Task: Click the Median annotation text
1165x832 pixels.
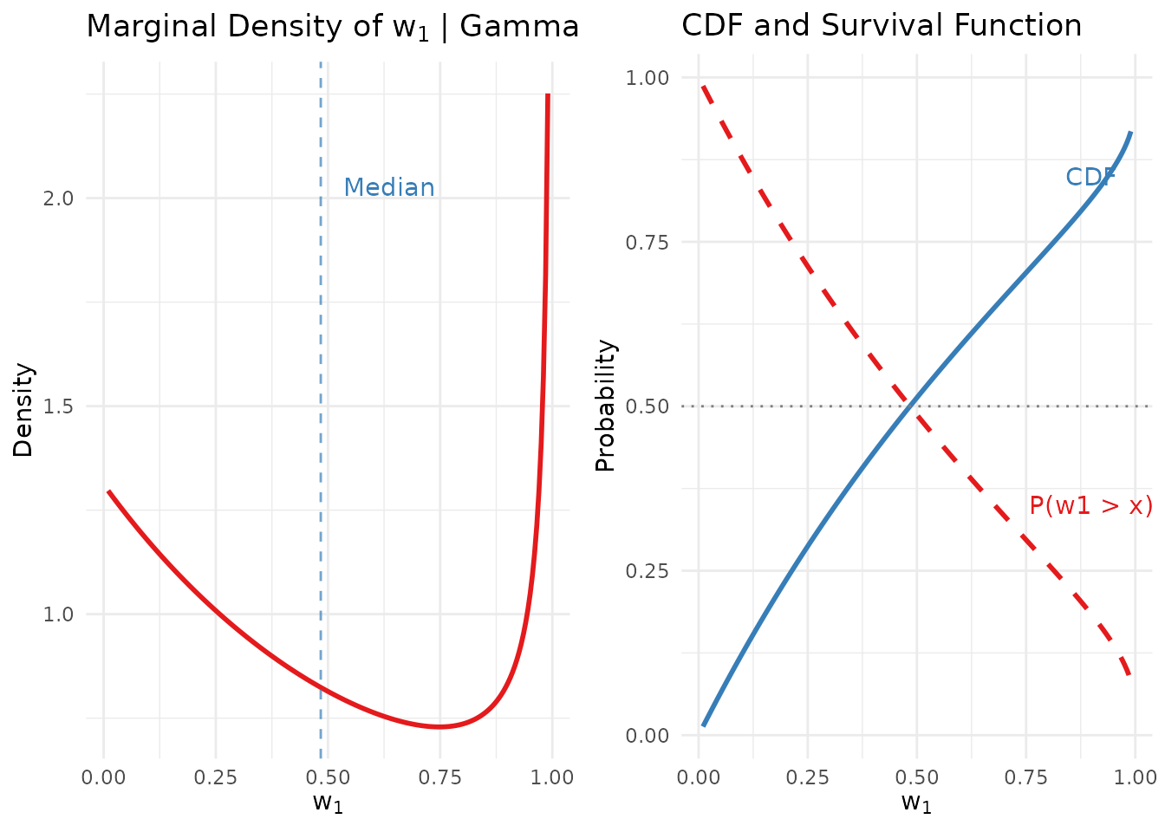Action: point(389,187)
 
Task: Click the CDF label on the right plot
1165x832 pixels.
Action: point(1090,177)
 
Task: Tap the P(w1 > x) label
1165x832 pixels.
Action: point(1090,506)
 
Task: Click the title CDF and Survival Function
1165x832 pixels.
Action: point(882,26)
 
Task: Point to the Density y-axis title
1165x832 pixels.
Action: point(23,410)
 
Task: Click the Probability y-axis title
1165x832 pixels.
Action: point(605,406)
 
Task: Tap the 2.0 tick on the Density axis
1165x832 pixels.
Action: point(60,198)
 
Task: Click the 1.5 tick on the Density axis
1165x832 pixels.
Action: point(60,406)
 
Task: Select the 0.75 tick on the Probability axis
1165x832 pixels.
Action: point(648,242)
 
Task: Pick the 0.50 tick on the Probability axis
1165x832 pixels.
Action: point(648,406)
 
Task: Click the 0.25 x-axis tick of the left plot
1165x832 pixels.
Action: point(215,777)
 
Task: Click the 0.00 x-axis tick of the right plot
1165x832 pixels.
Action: point(699,777)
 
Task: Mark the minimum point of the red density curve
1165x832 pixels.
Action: point(439,726)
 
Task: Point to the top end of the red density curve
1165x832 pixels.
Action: point(548,95)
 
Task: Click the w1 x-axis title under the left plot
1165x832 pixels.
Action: point(328,803)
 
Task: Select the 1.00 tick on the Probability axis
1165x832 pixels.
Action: point(648,78)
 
